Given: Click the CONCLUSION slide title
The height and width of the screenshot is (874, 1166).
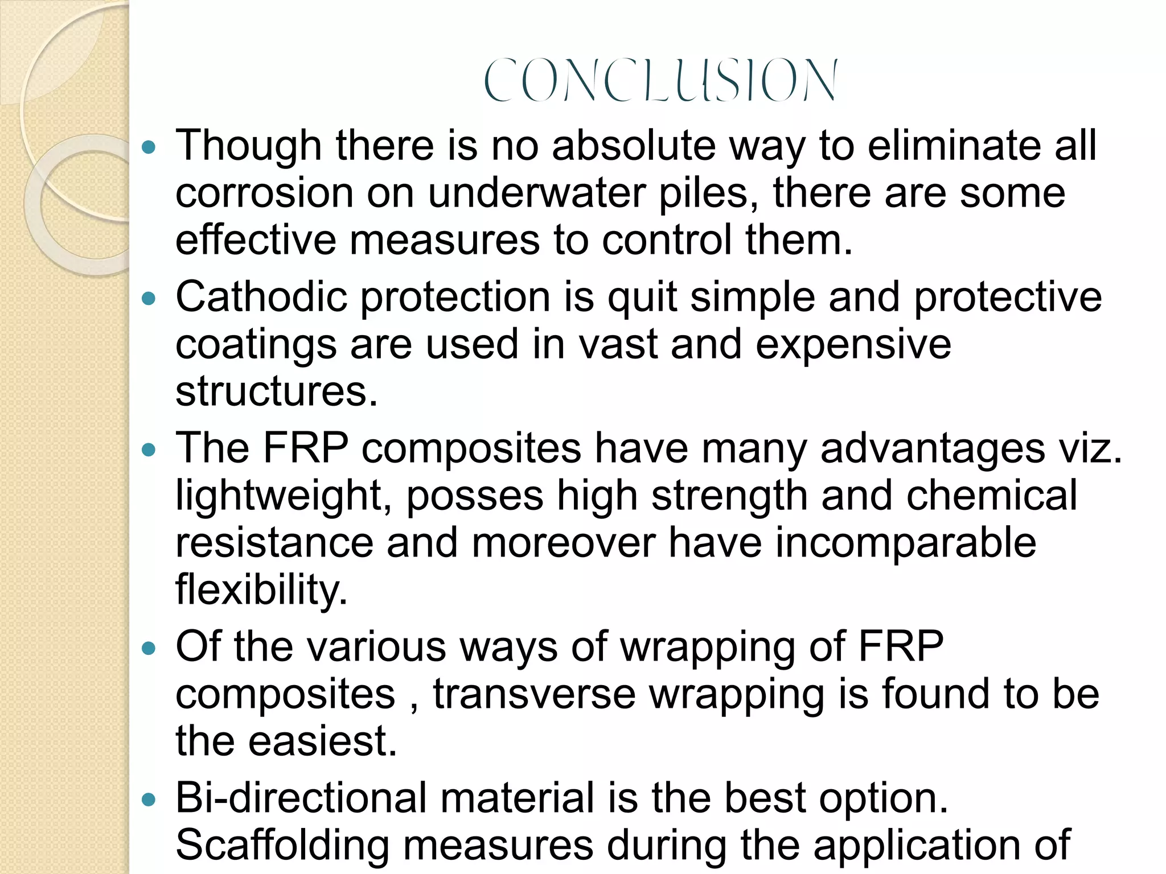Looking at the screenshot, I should click(x=660, y=80).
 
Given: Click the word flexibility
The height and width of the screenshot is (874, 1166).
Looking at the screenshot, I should click(x=261, y=589).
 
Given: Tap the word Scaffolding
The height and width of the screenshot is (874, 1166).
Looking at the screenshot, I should click(x=282, y=846).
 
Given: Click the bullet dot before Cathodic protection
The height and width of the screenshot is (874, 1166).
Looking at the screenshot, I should click(x=149, y=298).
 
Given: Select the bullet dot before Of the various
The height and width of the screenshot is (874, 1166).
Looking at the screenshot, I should click(x=149, y=648).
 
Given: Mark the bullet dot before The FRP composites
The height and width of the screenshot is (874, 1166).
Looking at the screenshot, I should click(x=149, y=450).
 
